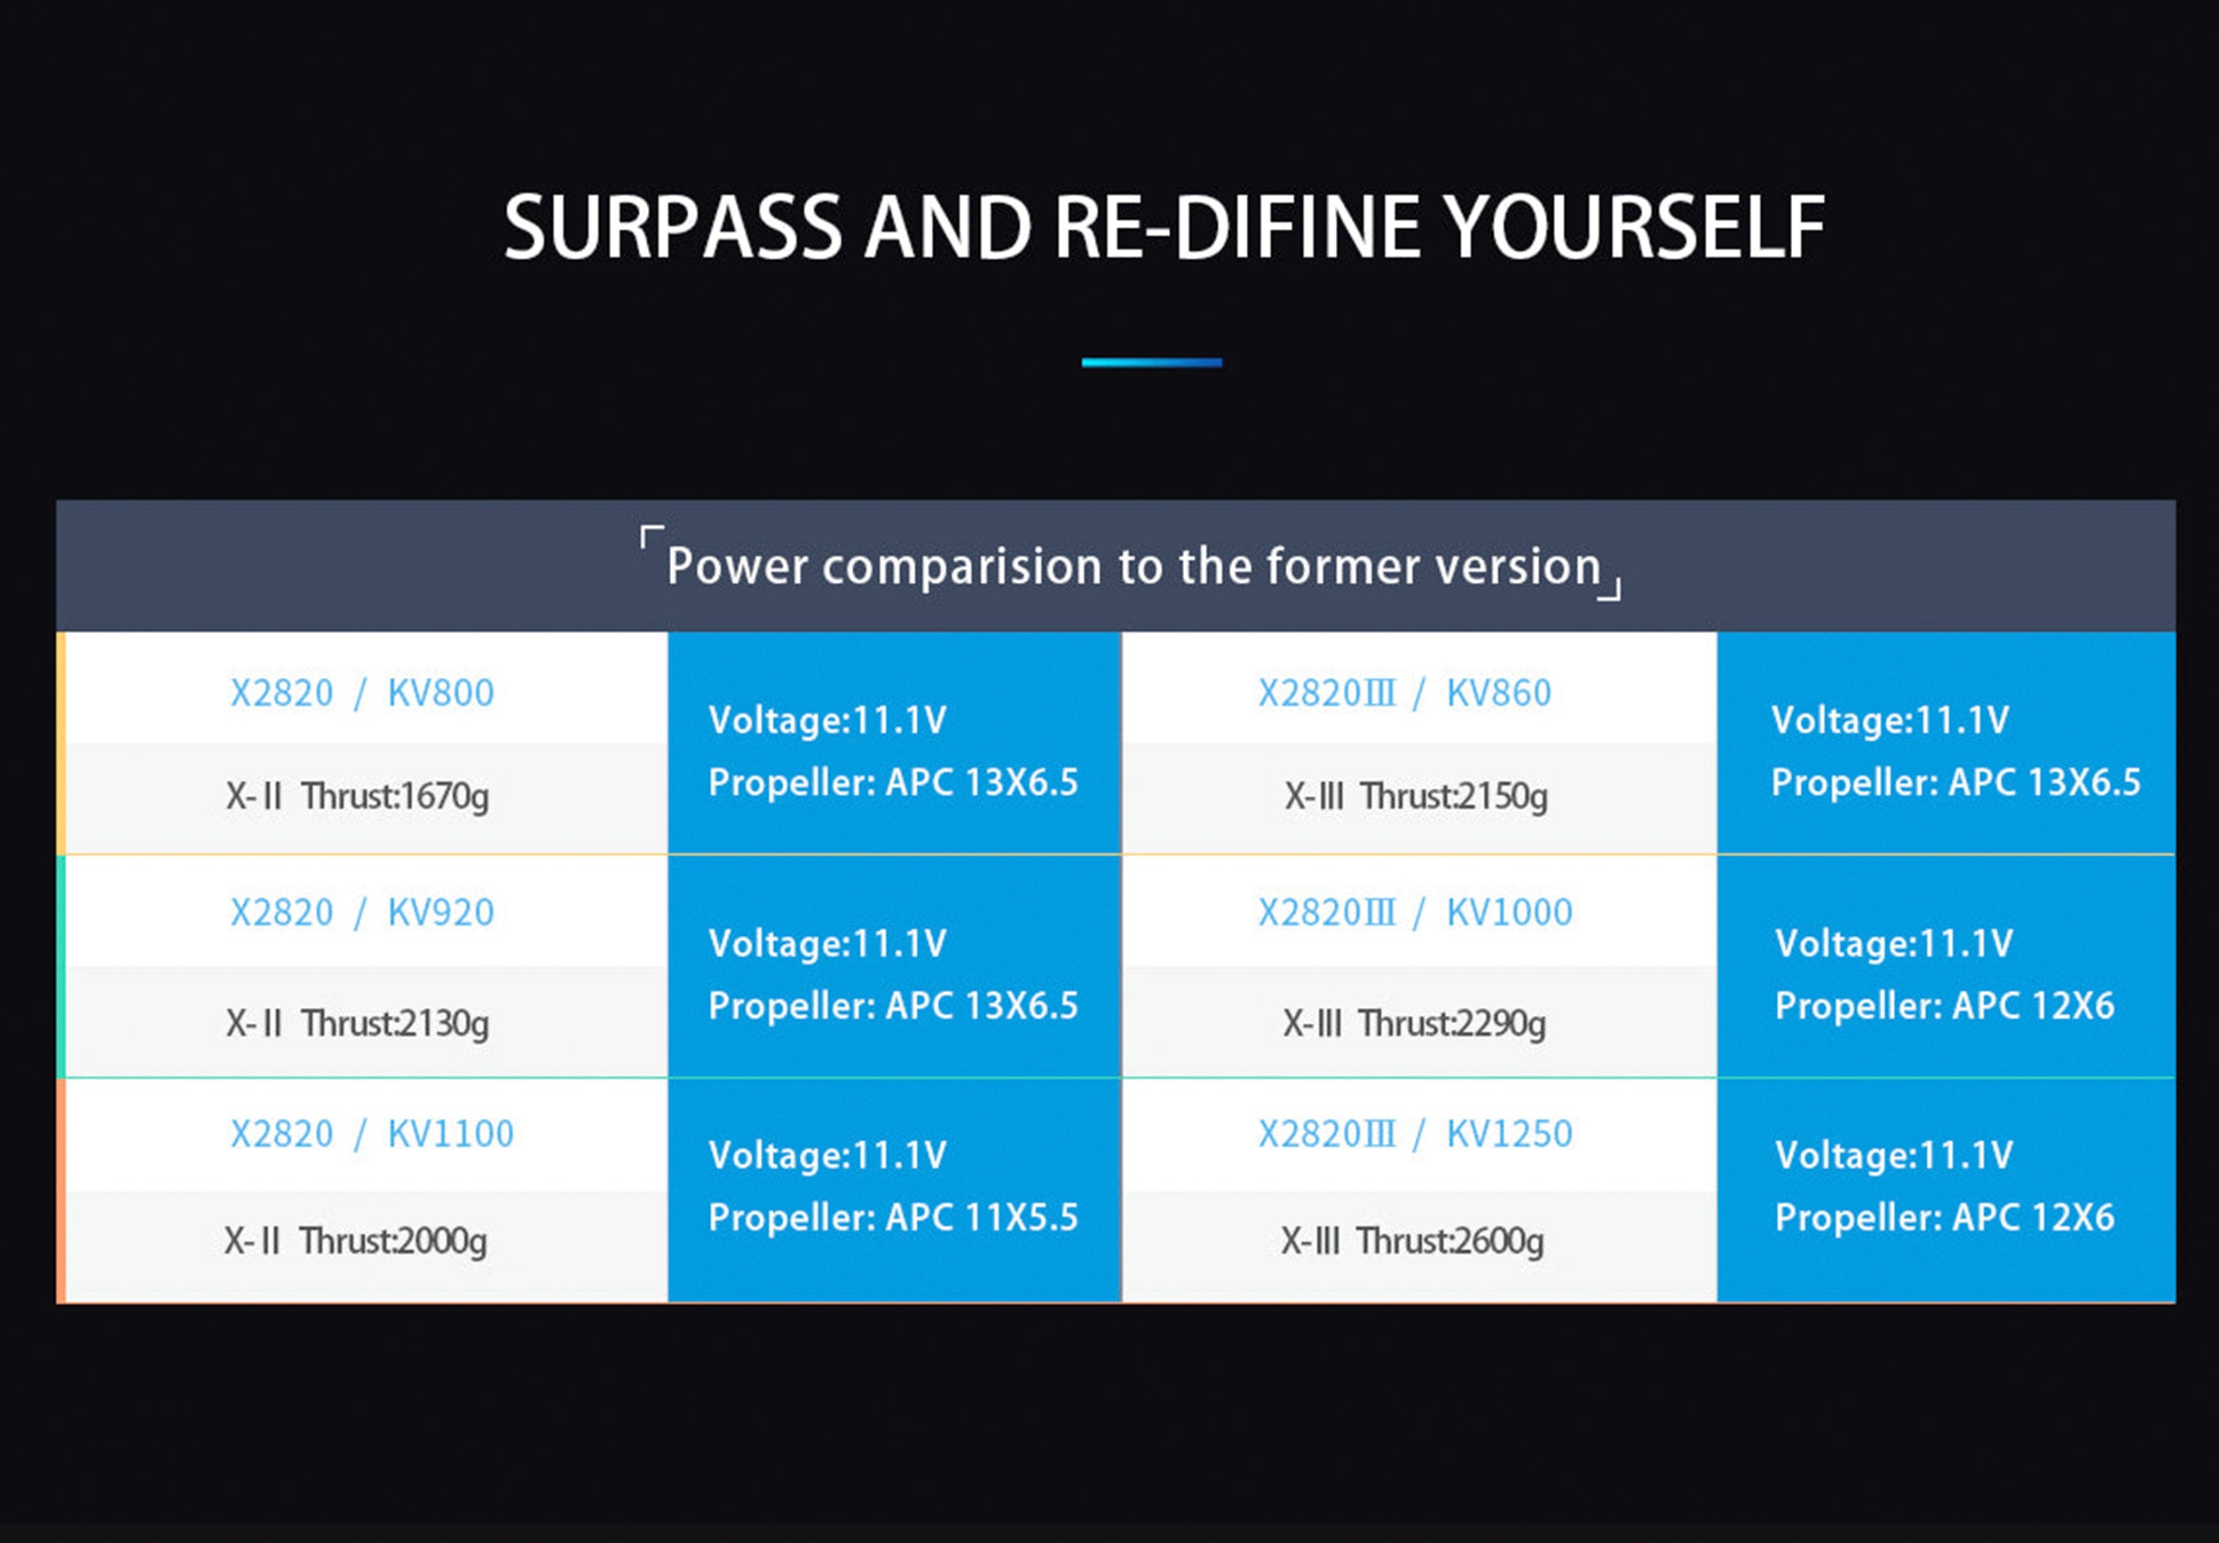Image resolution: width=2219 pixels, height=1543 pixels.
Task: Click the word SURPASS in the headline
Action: [674, 227]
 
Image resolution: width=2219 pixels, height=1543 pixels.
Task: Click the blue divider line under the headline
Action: [1152, 362]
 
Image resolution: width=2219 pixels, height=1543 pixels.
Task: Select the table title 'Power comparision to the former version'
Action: [1133, 566]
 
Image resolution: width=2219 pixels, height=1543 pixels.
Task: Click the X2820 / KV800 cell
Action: [362, 693]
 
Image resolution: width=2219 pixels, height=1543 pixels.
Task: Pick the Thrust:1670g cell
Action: [358, 796]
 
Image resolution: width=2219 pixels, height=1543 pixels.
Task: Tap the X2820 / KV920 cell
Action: [362, 912]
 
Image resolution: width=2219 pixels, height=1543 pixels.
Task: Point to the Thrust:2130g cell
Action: [358, 1022]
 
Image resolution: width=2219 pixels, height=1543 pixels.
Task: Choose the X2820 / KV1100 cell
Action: [372, 1133]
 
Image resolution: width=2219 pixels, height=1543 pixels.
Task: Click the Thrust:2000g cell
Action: [356, 1240]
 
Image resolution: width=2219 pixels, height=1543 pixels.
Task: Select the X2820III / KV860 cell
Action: [1404, 693]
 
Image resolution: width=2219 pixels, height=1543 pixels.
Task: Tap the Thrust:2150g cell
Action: [1416, 796]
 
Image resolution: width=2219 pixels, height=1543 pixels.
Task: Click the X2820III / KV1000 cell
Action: [1415, 912]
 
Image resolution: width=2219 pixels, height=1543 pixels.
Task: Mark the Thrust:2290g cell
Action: [1414, 1022]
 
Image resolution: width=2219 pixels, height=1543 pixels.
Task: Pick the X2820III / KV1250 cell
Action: [1415, 1133]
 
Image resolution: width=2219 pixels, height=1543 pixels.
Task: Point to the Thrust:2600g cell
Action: [1412, 1240]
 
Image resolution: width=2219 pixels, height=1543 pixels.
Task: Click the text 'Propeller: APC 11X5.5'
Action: [893, 1217]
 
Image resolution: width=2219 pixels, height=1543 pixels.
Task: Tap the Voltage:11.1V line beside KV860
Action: [1891, 720]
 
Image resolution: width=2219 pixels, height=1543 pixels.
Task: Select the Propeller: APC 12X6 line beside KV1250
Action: [1945, 1217]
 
